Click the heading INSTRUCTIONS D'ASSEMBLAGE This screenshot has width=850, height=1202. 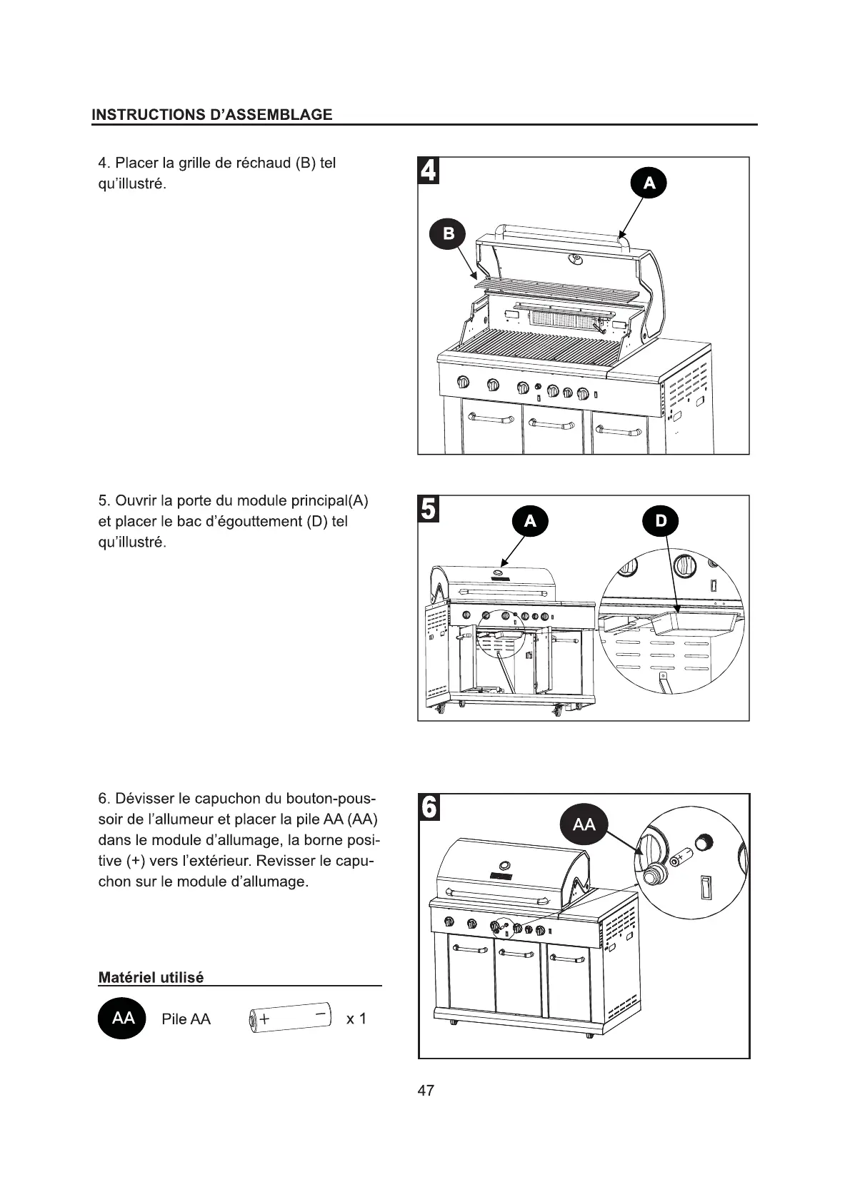tap(212, 114)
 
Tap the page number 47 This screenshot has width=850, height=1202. tap(426, 1091)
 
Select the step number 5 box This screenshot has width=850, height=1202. tap(429, 509)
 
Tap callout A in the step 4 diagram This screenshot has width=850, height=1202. tap(649, 183)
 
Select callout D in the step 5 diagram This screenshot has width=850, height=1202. tap(661, 521)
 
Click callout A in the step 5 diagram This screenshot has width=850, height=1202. tap(530, 522)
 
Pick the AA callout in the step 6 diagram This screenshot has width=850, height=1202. tap(584, 824)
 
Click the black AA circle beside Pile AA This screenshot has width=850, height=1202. tap(122, 1018)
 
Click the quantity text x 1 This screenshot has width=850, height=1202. tap(356, 1019)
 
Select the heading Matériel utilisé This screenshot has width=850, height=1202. tap(151, 977)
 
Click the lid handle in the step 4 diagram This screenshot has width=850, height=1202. tap(564, 231)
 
